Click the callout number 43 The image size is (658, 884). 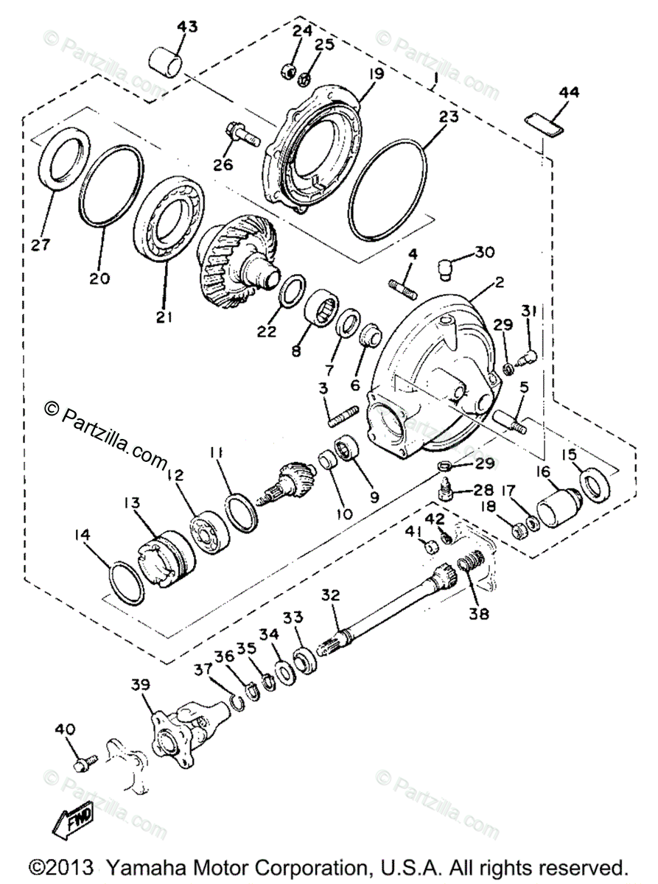[x=187, y=27]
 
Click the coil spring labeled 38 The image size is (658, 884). [x=466, y=568]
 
